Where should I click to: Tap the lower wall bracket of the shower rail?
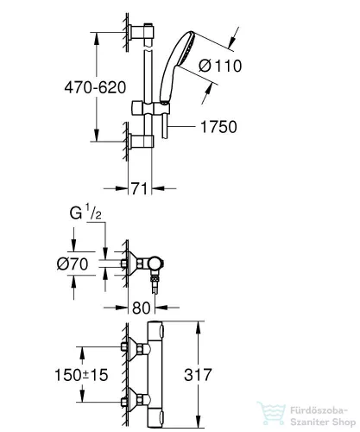[x=140, y=139]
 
